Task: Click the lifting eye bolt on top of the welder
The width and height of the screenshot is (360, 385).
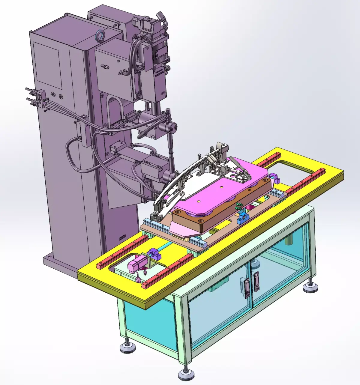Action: [x=99, y=35]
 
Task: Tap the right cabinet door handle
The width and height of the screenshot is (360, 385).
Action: [x=256, y=282]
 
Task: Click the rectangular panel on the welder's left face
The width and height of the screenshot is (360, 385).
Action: [x=47, y=64]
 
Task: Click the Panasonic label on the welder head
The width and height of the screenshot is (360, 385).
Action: [x=159, y=72]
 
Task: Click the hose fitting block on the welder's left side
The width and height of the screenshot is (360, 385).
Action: [x=40, y=98]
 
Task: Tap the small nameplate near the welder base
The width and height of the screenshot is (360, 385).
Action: [x=122, y=237]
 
